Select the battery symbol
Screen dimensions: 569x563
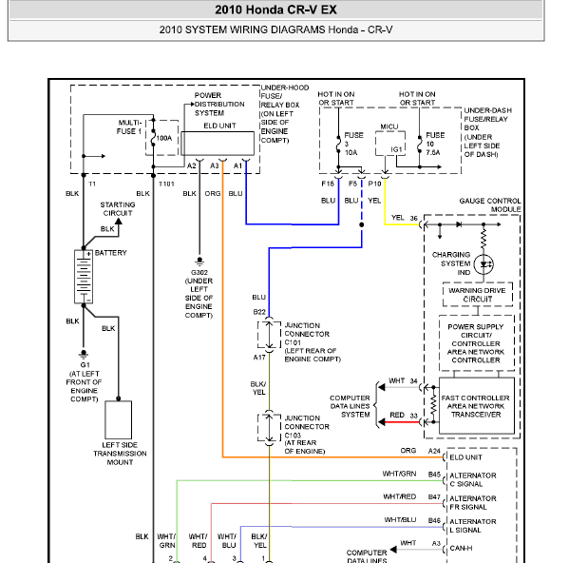coord(84,277)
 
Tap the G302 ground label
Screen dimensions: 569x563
coord(199,272)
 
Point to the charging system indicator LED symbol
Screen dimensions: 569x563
coord(484,264)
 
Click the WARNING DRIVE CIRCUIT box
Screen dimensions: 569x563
coord(478,295)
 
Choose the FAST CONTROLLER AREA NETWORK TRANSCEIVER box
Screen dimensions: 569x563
coord(477,406)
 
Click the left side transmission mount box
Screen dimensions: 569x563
coord(119,420)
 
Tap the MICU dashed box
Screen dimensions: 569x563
coord(390,144)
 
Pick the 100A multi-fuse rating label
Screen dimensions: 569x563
coord(164,138)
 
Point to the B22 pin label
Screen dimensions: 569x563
coord(259,312)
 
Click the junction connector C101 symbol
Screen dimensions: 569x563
coord(269,335)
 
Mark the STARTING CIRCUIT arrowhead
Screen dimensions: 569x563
coord(119,221)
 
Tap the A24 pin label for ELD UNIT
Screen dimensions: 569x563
coord(434,451)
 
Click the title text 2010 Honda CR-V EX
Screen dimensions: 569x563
coord(275,10)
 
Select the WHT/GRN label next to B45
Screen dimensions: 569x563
coord(399,474)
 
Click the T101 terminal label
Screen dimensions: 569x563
coord(166,184)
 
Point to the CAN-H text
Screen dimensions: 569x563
coord(461,548)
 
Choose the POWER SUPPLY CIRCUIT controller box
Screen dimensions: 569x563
coord(477,343)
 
